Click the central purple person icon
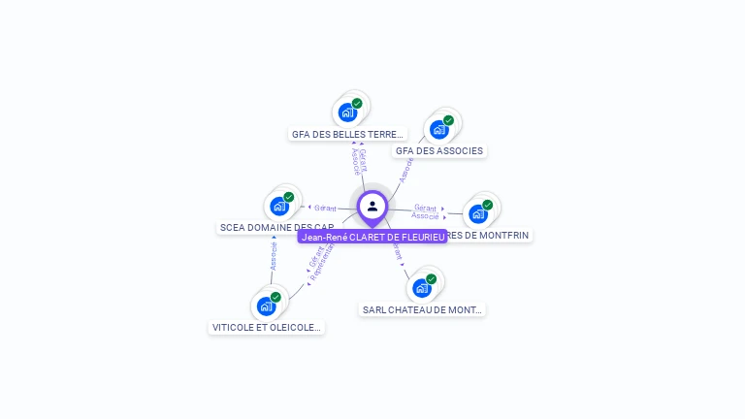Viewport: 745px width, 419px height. click(x=372, y=206)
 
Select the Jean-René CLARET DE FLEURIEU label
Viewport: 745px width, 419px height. click(x=372, y=237)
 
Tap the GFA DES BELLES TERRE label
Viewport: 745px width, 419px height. click(x=347, y=135)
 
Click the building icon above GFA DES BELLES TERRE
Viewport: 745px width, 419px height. click(x=347, y=112)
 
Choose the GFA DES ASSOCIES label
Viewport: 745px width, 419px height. click(x=439, y=151)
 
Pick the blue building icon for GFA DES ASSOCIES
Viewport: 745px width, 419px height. click(x=438, y=129)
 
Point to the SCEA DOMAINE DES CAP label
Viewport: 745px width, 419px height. click(x=276, y=228)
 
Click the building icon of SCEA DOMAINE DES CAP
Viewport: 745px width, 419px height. click(x=279, y=206)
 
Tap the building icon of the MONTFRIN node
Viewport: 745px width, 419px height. click(x=478, y=213)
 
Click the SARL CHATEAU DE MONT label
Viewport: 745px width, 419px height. click(x=422, y=310)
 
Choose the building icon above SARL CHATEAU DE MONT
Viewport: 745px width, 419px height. click(x=421, y=287)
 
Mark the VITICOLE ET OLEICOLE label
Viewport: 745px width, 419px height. click(x=266, y=328)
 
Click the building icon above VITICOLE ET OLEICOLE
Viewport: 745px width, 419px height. click(x=266, y=306)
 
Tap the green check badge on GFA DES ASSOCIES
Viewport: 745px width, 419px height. click(x=448, y=120)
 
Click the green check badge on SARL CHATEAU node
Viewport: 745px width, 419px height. click(x=431, y=279)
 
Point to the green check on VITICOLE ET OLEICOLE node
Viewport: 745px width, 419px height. click(x=275, y=297)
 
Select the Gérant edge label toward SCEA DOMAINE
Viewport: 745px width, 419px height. click(x=325, y=208)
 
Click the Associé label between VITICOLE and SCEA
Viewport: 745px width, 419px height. click(x=274, y=257)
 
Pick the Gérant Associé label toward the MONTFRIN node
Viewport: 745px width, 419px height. click(x=425, y=211)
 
